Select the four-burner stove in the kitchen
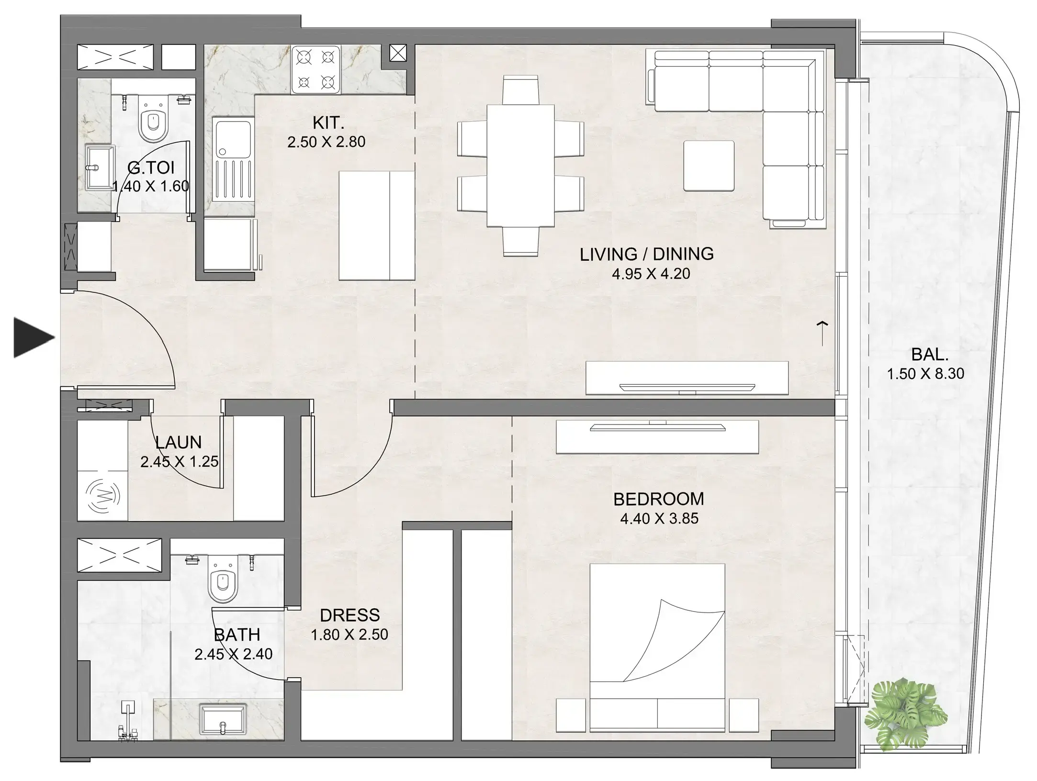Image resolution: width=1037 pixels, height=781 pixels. point(315,70)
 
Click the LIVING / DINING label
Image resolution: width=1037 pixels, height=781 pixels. point(646,254)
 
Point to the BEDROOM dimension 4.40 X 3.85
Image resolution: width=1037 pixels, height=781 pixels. point(659,518)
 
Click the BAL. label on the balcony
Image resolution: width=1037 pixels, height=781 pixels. point(930,355)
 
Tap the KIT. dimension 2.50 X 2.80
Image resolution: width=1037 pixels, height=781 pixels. point(326,142)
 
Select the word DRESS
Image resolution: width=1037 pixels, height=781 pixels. point(349,615)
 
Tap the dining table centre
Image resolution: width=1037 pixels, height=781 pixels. point(520,166)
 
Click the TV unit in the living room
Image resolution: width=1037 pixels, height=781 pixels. point(687,378)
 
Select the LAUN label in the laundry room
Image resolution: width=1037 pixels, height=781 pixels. point(178,442)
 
